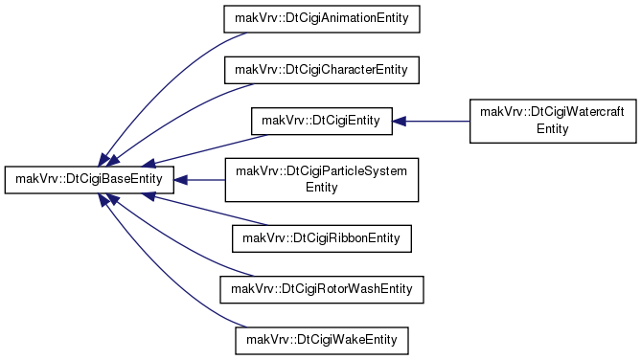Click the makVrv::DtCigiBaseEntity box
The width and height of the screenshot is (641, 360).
(x=89, y=179)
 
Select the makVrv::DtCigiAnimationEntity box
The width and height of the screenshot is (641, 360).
(x=322, y=19)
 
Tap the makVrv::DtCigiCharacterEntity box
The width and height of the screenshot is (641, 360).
(x=322, y=70)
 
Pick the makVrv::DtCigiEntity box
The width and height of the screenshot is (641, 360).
(x=322, y=121)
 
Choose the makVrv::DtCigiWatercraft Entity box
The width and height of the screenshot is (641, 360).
(x=553, y=121)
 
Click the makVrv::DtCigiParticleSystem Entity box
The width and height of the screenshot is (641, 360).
(x=322, y=180)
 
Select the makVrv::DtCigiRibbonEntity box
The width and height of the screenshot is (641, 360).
(x=322, y=238)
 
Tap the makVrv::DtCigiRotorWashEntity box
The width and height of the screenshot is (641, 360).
(x=322, y=290)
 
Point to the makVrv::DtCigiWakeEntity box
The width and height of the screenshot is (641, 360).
(x=322, y=341)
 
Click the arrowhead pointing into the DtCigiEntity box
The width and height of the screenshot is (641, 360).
(x=399, y=122)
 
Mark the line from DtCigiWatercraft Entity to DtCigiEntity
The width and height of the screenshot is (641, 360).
(x=438, y=122)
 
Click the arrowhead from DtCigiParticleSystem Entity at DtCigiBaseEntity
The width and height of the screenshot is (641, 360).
(x=181, y=180)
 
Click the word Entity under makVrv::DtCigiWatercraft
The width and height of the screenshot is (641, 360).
(x=553, y=129)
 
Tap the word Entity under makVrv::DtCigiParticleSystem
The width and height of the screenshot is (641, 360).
(x=322, y=188)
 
